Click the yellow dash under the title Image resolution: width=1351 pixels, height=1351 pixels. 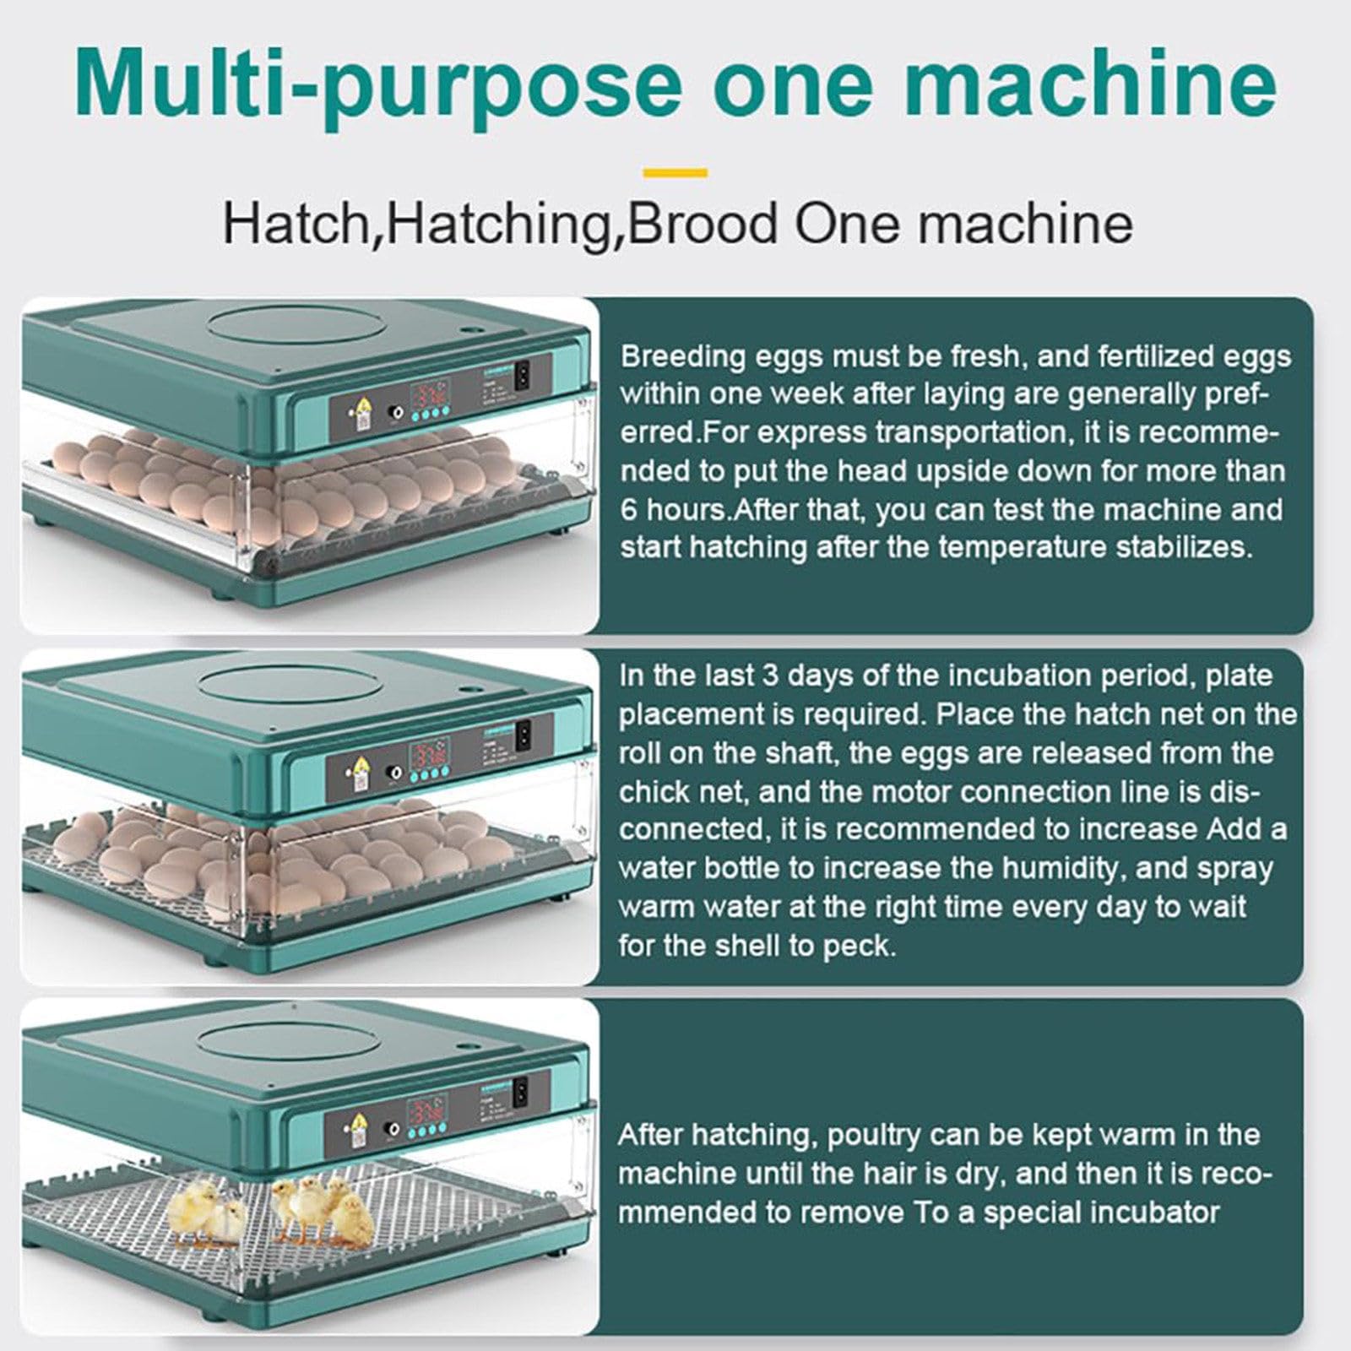click(x=675, y=172)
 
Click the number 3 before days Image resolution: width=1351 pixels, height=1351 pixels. click(x=769, y=676)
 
